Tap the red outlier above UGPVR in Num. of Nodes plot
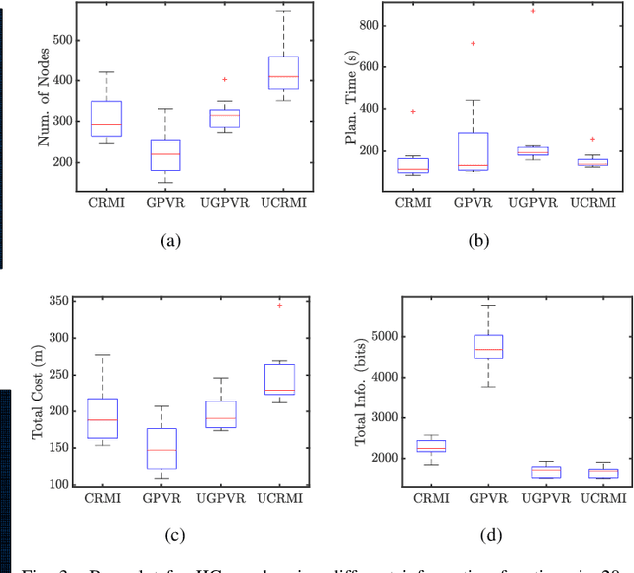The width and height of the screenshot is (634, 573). pyautogui.click(x=225, y=79)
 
